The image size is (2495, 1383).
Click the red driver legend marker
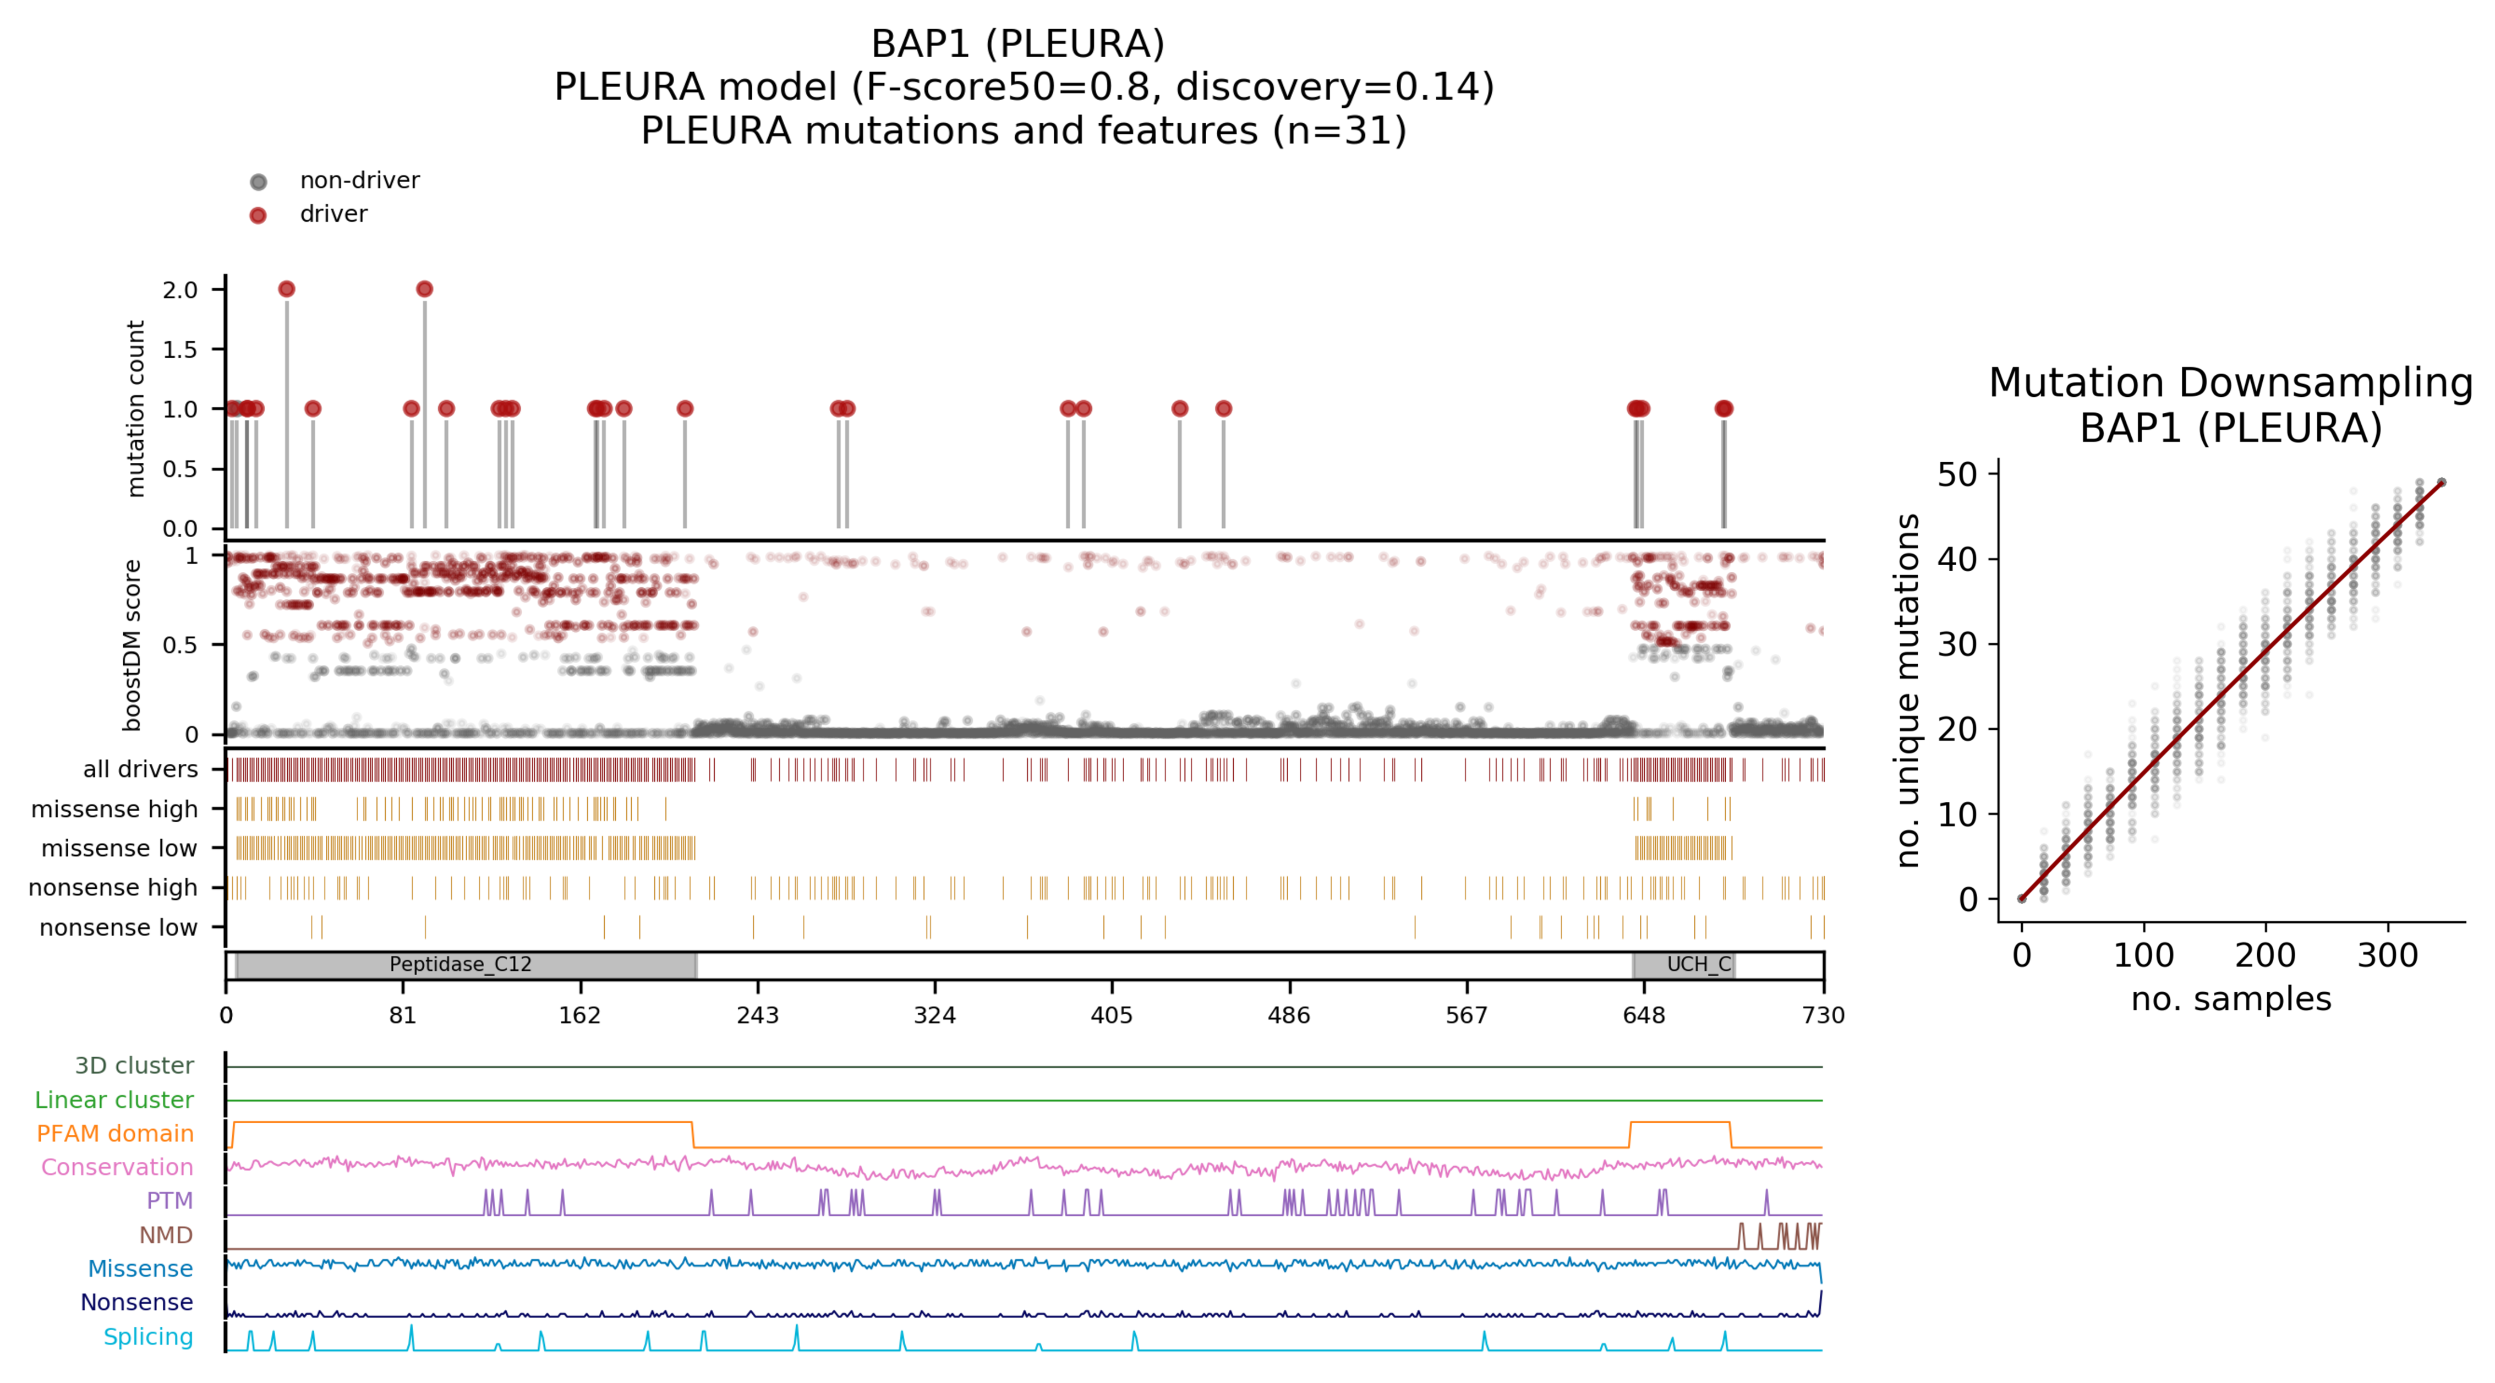258,215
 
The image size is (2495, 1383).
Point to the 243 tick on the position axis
757,1015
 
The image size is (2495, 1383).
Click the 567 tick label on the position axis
1467,1015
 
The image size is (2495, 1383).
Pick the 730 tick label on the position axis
1823,1015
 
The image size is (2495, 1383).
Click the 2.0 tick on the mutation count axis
180,289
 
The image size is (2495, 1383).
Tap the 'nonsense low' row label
118,928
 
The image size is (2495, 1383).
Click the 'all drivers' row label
140,769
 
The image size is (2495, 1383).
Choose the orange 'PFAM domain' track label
115,1133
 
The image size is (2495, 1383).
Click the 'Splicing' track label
148,1337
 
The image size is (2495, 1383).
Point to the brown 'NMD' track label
166,1235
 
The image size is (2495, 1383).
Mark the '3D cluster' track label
135,1065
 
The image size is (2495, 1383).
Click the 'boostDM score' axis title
133,645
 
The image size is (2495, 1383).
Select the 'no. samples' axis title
2230,998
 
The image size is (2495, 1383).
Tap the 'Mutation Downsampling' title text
2230,382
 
